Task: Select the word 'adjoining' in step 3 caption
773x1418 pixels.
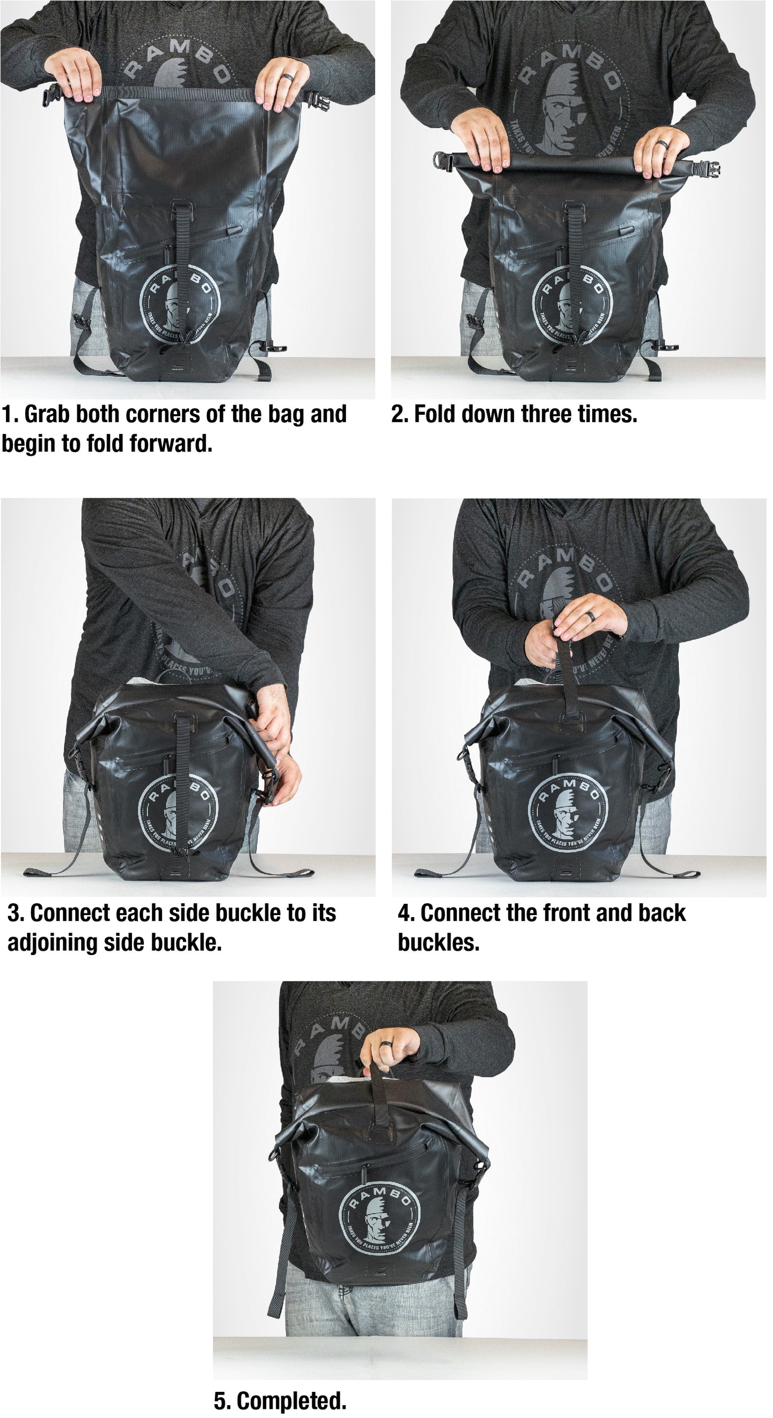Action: [53, 942]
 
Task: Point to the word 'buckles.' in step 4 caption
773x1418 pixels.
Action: [439, 942]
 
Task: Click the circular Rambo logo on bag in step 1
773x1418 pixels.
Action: [180, 305]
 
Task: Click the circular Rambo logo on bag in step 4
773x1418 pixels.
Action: [568, 812]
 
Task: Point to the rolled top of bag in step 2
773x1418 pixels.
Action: [573, 162]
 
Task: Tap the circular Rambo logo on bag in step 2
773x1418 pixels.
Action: [572, 305]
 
